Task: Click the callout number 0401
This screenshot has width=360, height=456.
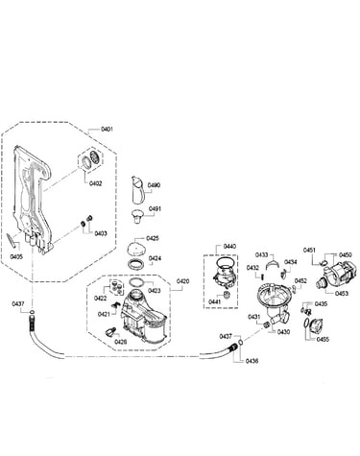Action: tap(107, 129)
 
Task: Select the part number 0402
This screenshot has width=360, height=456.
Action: tap(95, 183)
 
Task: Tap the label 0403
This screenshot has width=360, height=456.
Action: tap(101, 233)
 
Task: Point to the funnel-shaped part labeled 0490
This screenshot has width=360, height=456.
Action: tap(138, 189)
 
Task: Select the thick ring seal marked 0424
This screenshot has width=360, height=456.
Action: tap(135, 265)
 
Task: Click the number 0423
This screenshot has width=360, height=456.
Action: tap(155, 291)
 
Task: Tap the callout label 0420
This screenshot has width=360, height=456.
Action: tap(183, 281)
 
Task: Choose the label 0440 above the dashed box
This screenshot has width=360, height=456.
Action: tap(229, 246)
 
